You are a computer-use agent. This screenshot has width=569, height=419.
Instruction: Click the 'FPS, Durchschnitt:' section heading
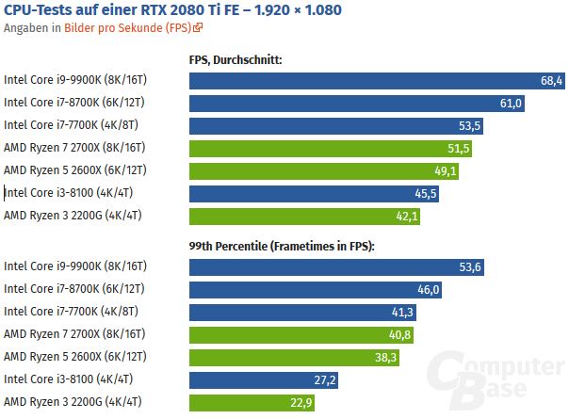click(x=236, y=59)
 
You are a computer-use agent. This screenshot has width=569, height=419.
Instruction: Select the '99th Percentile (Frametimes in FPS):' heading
click(x=282, y=247)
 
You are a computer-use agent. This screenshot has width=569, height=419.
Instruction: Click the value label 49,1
click(x=446, y=171)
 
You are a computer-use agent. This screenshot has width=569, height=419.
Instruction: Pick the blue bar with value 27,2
click(x=265, y=380)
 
